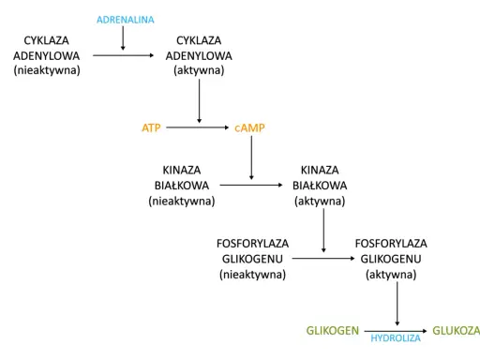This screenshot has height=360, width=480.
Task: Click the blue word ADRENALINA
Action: (x=126, y=20)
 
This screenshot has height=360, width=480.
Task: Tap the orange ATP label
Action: (x=151, y=127)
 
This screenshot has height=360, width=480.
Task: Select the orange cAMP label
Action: (x=249, y=127)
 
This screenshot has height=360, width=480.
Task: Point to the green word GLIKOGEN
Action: (x=333, y=331)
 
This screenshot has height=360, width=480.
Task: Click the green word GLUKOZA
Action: (x=456, y=331)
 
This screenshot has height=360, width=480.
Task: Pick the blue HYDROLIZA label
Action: (x=396, y=338)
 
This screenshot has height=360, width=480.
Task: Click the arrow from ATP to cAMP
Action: (x=198, y=127)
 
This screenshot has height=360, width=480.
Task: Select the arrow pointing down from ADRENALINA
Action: (x=123, y=38)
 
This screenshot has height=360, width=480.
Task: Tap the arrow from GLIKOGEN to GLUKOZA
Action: (x=396, y=331)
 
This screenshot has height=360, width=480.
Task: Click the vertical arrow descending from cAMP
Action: (x=251, y=157)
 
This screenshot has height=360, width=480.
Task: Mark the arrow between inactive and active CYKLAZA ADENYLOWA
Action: (x=124, y=55)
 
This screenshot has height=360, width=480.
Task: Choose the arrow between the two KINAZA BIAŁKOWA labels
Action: (x=251, y=185)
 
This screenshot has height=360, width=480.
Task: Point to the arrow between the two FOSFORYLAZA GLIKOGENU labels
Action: (x=323, y=259)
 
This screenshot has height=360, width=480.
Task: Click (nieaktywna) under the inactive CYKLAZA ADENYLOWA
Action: (x=47, y=70)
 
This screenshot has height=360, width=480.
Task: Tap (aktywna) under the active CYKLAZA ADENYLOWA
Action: (x=199, y=70)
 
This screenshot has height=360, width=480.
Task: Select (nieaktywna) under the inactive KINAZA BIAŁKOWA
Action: (x=182, y=201)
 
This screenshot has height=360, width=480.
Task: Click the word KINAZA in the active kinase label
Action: (x=320, y=170)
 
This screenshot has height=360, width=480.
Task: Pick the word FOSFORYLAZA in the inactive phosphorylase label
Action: (x=252, y=244)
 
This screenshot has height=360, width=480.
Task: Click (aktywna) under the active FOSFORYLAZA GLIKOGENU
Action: (x=391, y=275)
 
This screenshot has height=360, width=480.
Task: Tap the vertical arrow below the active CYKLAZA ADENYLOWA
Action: (x=199, y=101)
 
